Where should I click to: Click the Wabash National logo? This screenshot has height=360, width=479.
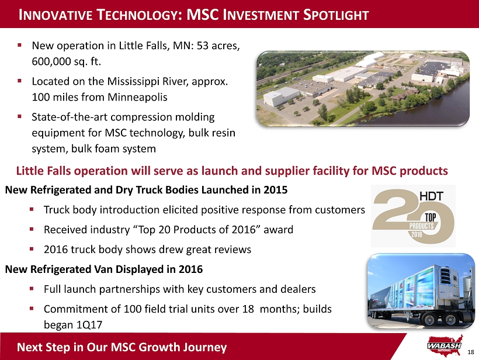click(445, 345)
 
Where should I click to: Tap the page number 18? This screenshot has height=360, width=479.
click(471, 352)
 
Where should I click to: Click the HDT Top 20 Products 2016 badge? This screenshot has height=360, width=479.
click(413, 216)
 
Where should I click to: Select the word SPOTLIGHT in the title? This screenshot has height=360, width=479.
click(336, 15)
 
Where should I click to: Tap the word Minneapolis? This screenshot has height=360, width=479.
click(137, 97)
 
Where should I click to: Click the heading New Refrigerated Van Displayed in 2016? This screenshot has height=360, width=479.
click(104, 269)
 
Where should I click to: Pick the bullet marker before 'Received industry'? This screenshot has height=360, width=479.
click(32, 229)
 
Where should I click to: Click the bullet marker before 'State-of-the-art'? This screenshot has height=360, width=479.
click(19, 116)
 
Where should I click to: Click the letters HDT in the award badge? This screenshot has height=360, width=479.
click(431, 196)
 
